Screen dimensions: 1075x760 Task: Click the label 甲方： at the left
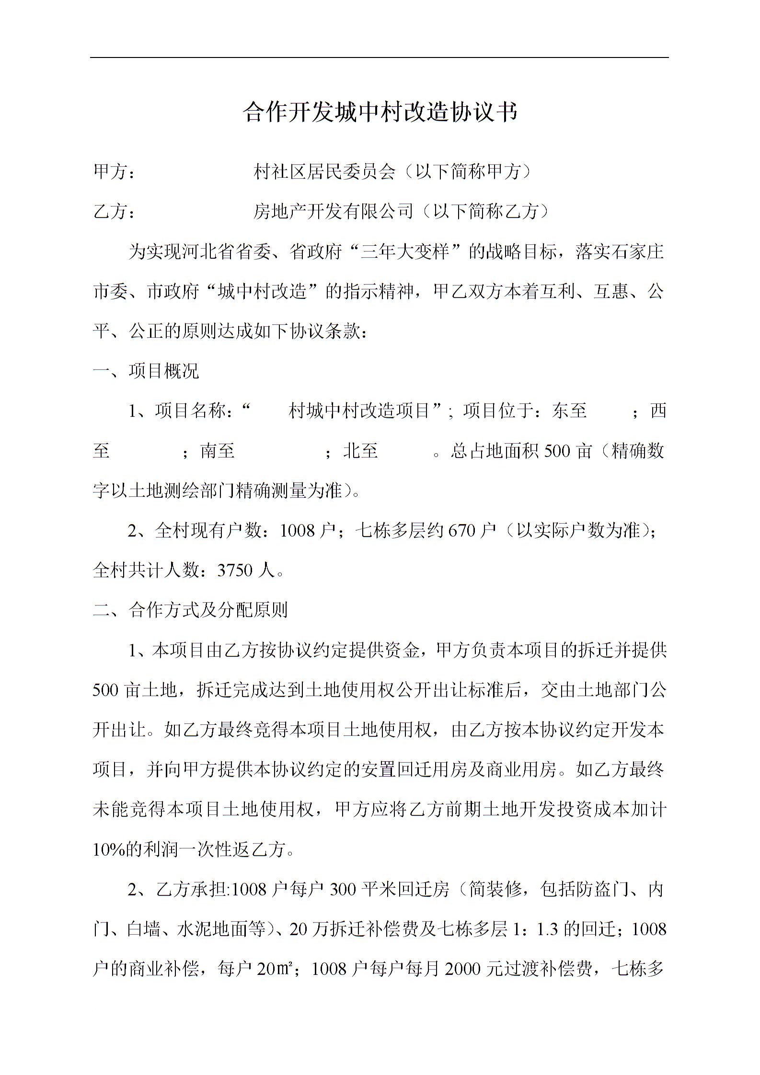coord(114,172)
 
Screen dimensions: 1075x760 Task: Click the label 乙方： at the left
coord(114,211)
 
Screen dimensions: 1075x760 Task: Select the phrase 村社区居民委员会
coord(324,172)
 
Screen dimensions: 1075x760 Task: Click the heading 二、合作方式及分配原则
coord(190,610)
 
